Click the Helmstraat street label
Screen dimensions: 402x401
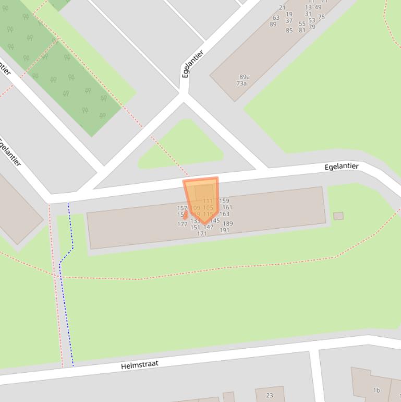[x=139, y=364]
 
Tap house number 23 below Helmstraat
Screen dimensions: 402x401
[x=270, y=395]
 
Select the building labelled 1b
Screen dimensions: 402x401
[x=376, y=390]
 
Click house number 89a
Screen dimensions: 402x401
[x=244, y=77]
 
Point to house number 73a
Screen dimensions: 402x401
[x=241, y=84]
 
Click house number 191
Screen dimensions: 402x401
[x=224, y=230]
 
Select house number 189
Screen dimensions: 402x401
[x=228, y=224]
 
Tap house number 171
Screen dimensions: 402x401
[x=202, y=234]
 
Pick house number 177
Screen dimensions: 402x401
[x=182, y=224]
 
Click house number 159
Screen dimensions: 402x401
[x=224, y=201]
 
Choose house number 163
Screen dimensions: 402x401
[x=224, y=214]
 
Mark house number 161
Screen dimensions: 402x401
[x=227, y=207]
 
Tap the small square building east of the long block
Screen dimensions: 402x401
[x=338, y=216]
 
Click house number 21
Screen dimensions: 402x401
[x=282, y=8]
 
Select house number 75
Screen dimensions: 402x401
[x=321, y=17]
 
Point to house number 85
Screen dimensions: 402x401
[x=289, y=30]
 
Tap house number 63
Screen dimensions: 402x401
[x=276, y=18]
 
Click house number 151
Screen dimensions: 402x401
[x=195, y=227]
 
